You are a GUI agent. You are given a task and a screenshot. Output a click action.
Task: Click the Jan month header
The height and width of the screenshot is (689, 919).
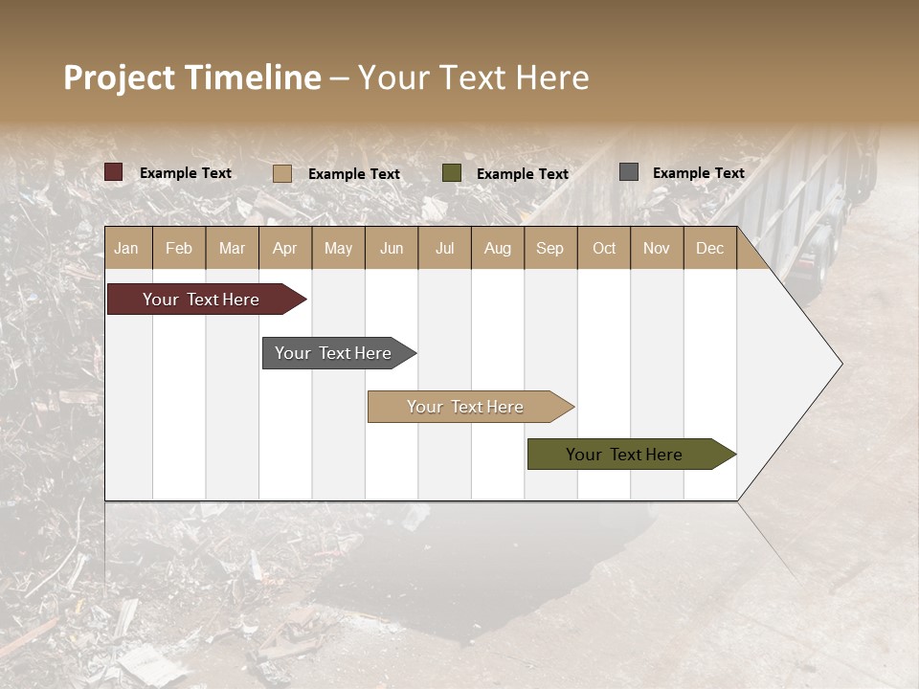tap(126, 248)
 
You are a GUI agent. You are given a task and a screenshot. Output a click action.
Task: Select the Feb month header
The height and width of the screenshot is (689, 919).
tap(179, 248)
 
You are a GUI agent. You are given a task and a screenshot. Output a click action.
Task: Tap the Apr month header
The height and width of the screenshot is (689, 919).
tap(284, 248)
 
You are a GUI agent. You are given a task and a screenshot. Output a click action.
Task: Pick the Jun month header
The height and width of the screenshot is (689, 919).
tap(392, 248)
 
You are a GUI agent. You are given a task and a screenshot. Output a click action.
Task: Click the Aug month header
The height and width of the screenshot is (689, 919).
tap(497, 248)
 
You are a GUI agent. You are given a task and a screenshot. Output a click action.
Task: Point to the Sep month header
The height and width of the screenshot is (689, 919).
tap(549, 248)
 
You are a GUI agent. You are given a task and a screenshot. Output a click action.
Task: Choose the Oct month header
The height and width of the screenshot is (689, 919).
tap(604, 248)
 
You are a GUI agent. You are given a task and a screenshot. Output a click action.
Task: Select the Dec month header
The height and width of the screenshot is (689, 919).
tap(709, 248)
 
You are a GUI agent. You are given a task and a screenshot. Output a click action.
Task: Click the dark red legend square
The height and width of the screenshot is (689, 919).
tap(114, 172)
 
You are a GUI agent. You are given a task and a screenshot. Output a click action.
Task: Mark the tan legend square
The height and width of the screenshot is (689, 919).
tap(282, 173)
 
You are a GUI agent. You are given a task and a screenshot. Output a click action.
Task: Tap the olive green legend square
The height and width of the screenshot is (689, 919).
tap(452, 173)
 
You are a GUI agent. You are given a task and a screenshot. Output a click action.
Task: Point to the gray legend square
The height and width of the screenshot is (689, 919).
tap(629, 172)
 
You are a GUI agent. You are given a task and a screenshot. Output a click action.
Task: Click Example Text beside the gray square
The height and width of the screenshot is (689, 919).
tap(698, 173)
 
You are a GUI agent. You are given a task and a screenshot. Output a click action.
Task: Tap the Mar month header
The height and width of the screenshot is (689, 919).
tap(232, 248)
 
